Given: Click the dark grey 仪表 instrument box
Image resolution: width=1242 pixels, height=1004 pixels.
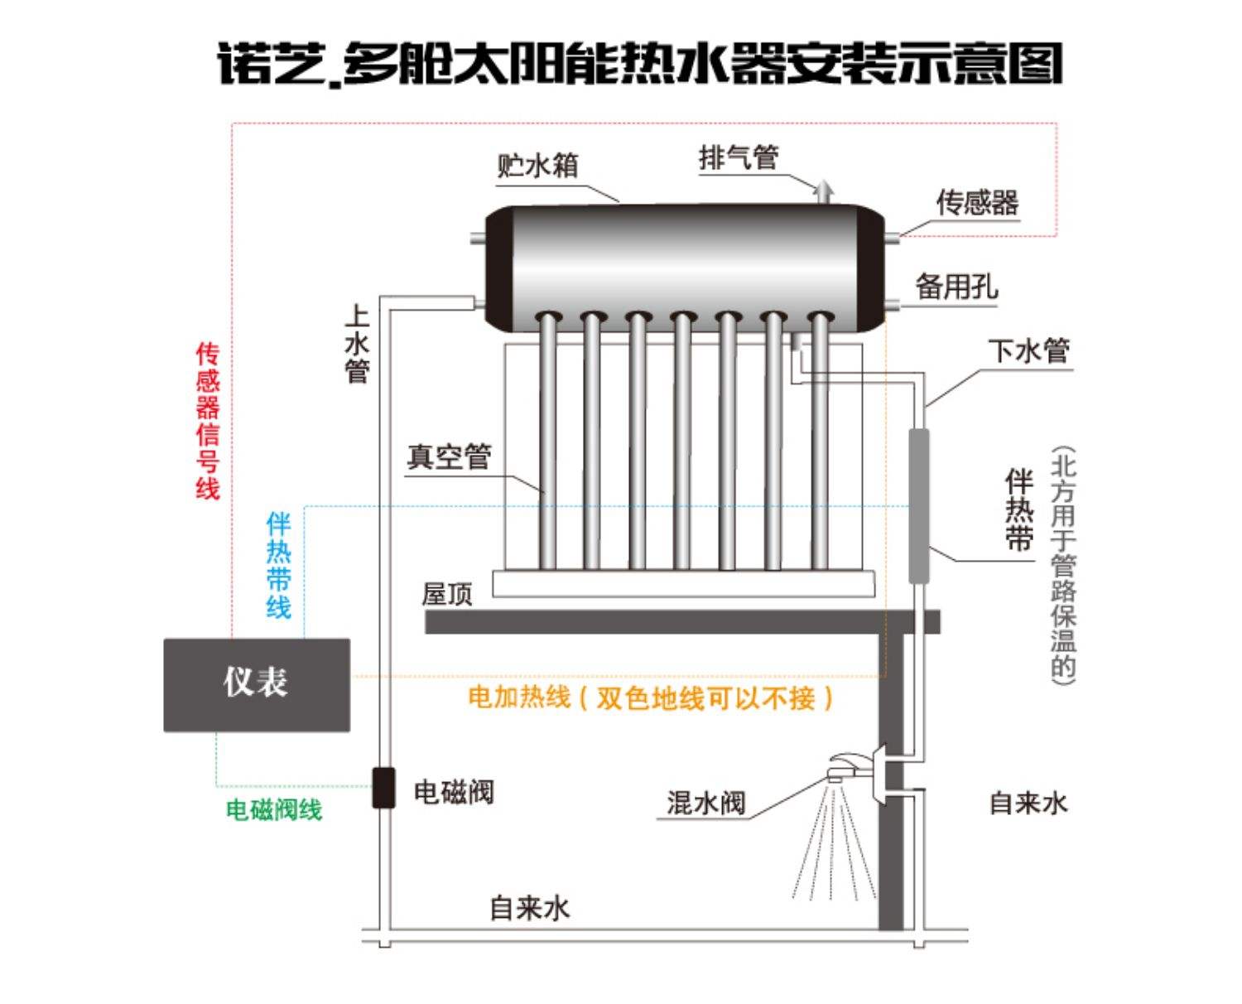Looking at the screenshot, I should click(x=257, y=684).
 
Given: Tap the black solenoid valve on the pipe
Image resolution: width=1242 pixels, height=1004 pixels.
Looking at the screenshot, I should click(x=383, y=787).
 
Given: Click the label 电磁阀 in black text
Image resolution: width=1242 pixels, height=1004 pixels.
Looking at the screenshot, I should click(x=454, y=793).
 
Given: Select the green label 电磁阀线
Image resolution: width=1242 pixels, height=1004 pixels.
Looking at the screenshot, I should click(x=274, y=809).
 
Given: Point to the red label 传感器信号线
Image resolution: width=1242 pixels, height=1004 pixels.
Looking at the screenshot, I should click(x=208, y=421).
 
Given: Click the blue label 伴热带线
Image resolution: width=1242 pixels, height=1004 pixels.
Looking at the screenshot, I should click(x=279, y=566).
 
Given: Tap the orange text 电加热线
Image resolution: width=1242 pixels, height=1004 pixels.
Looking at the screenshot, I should click(x=519, y=697).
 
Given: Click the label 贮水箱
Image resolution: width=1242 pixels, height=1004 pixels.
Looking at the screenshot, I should click(x=537, y=166).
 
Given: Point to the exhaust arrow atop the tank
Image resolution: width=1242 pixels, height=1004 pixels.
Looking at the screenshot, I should click(x=822, y=191).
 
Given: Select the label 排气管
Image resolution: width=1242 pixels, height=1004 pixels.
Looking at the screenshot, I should click(x=738, y=157).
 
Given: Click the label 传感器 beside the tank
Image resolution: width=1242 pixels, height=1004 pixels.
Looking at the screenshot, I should click(x=977, y=202).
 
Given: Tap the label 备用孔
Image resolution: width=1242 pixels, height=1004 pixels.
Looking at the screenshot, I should click(x=956, y=287).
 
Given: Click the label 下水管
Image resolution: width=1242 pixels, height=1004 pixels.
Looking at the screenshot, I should click(x=1028, y=351).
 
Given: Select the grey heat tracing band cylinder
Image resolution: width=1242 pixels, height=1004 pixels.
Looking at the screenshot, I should click(x=918, y=505).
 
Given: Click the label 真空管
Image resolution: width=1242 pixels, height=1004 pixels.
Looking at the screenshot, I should click(x=449, y=456).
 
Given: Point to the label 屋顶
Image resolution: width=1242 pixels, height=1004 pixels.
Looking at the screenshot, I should click(x=447, y=594).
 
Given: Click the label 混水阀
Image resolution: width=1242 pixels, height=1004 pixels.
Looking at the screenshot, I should click(x=705, y=803).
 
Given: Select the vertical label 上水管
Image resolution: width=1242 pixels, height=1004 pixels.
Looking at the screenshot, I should click(x=357, y=343).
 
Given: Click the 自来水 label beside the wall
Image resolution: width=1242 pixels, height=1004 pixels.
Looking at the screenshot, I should click(x=1028, y=803).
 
